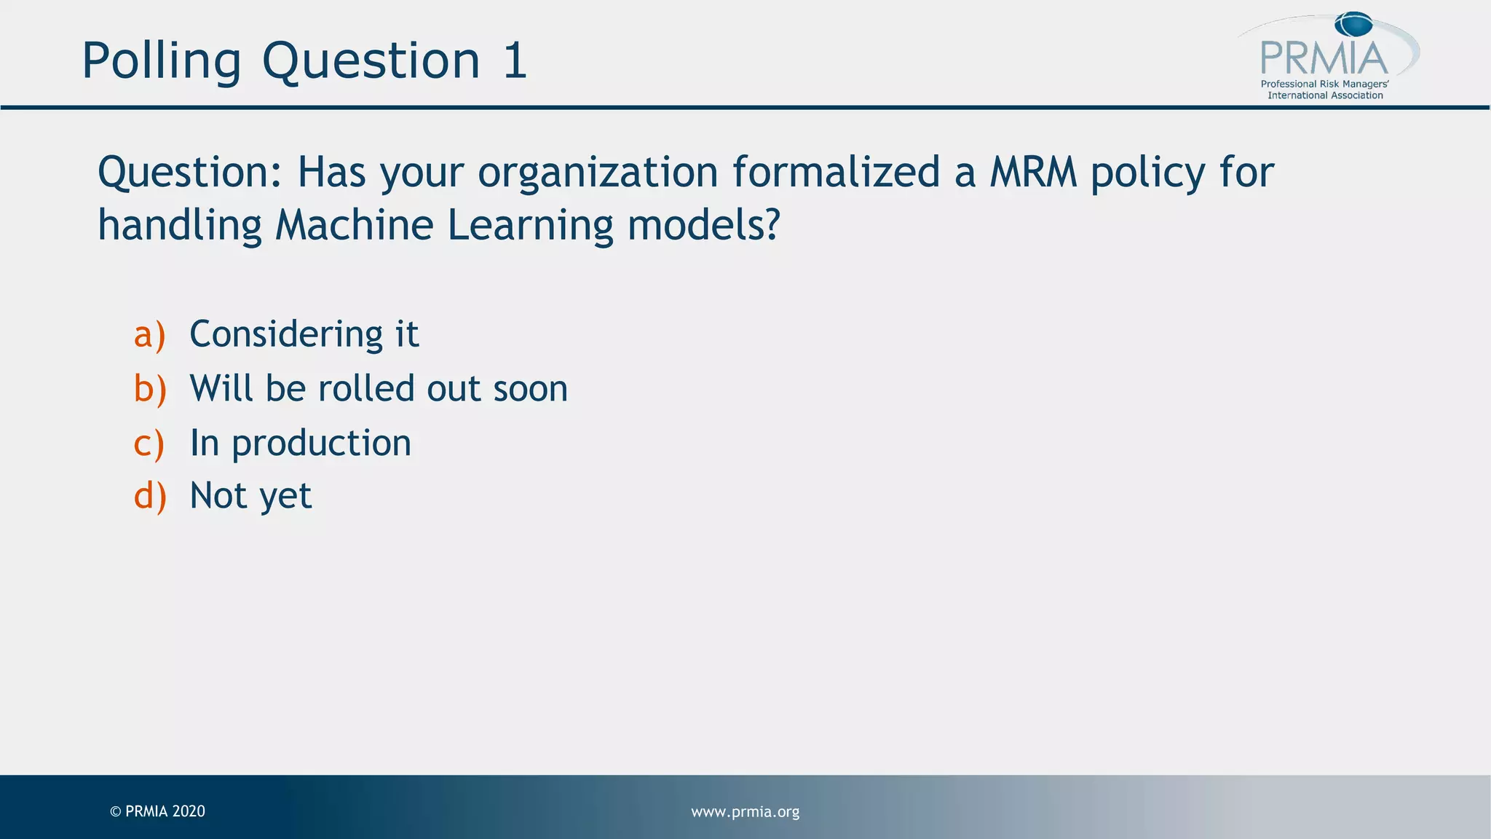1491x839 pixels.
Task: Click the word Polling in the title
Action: (161, 61)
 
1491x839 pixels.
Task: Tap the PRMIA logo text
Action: (1324, 58)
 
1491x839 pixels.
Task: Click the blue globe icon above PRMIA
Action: (1353, 25)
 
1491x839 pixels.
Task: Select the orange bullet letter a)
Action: (150, 335)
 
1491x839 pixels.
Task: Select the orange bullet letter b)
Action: (150, 389)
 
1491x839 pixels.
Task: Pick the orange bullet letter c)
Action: (149, 444)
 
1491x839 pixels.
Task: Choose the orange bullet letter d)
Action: (150, 497)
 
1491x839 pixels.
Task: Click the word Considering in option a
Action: (286, 335)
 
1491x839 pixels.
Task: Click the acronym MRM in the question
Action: (1033, 173)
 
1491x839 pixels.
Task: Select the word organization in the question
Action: (598, 174)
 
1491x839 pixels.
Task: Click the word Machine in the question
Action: (354, 225)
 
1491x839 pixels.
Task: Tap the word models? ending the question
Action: (703, 225)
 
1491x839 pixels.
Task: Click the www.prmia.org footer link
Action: (745, 811)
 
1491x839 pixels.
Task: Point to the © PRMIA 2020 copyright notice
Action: (157, 811)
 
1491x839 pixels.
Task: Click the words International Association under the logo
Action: (1325, 95)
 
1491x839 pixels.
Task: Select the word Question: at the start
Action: (189, 174)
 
